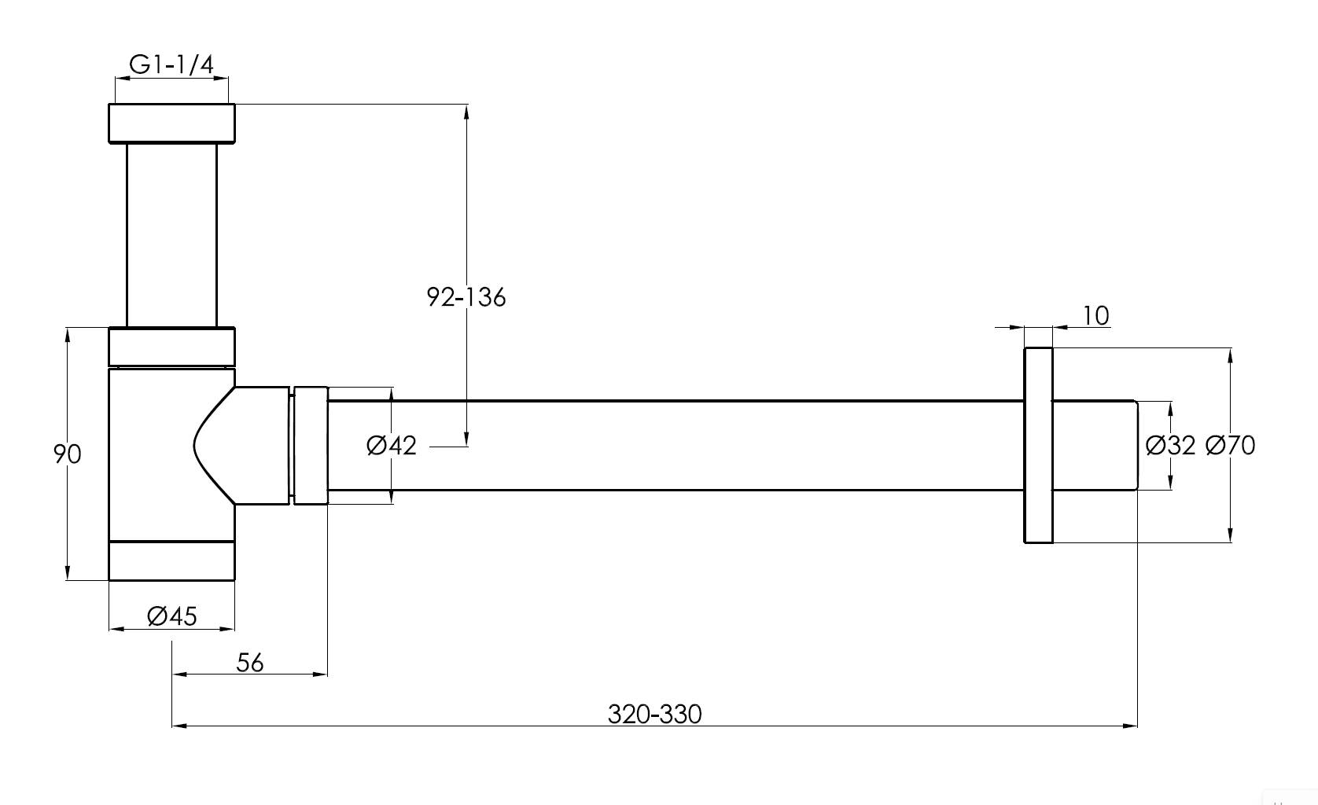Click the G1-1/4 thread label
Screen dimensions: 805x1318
click(x=171, y=64)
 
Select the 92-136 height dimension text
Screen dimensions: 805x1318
click(x=466, y=297)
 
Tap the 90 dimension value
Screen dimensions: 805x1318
click(x=68, y=454)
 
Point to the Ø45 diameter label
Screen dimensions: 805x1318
click(x=171, y=616)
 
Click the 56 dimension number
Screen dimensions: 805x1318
click(x=250, y=663)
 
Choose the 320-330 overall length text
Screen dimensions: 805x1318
click(x=654, y=714)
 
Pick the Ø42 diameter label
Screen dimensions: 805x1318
click(x=391, y=446)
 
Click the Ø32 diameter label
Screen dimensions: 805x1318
click(x=1170, y=446)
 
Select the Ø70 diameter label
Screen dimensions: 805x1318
click(x=1230, y=446)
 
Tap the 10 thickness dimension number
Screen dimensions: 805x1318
click(x=1095, y=316)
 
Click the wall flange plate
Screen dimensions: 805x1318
click(x=1038, y=445)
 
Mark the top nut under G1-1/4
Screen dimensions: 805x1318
click(x=171, y=123)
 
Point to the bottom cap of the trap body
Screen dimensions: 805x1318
click(x=171, y=561)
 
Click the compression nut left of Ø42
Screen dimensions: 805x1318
click(x=311, y=445)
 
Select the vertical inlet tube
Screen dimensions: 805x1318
click(x=171, y=234)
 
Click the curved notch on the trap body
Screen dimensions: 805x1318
click(x=206, y=446)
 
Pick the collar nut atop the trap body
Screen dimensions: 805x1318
click(x=171, y=347)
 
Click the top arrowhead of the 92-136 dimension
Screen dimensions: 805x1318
click(x=467, y=111)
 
